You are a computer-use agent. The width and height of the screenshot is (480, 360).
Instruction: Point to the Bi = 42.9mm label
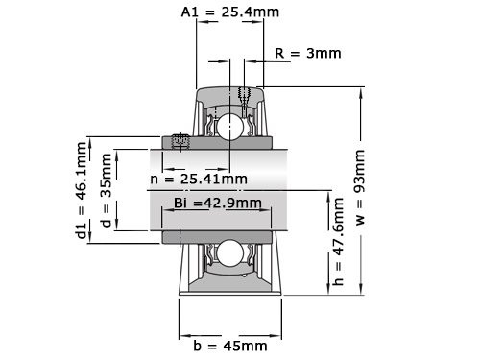(x=217, y=203)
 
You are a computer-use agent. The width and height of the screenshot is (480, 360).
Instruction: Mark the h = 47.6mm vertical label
(x=337, y=248)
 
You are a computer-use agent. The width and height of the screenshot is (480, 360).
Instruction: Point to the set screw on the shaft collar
(x=179, y=142)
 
